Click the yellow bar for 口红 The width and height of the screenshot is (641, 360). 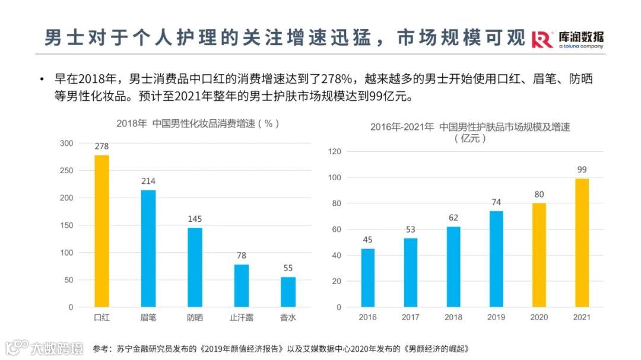pyautogui.click(x=101, y=231)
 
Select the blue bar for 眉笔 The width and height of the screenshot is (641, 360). pyautogui.click(x=148, y=249)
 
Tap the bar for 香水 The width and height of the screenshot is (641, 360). pyautogui.click(x=288, y=292)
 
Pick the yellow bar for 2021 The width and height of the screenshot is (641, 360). pyautogui.click(x=582, y=243)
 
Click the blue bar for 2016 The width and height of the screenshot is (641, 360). pyautogui.click(x=368, y=278)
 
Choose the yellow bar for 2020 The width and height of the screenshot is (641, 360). pyautogui.click(x=539, y=255)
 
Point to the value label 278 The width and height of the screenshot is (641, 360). pyautogui.click(x=101, y=146)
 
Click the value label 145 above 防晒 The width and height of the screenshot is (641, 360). pyautogui.click(x=195, y=219)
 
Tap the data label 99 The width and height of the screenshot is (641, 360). pyautogui.click(x=582, y=170)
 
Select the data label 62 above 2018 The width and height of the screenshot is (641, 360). pyautogui.click(x=453, y=217)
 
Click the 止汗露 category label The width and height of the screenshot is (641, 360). pyautogui.click(x=241, y=317)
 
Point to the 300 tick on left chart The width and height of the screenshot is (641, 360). pyautogui.click(x=66, y=144)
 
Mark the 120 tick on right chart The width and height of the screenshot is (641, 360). pyautogui.click(x=335, y=152)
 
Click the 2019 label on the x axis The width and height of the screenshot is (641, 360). pyautogui.click(x=496, y=317)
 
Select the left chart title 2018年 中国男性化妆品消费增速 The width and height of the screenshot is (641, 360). pyautogui.click(x=198, y=123)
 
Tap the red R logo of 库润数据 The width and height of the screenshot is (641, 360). pyautogui.click(x=542, y=39)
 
